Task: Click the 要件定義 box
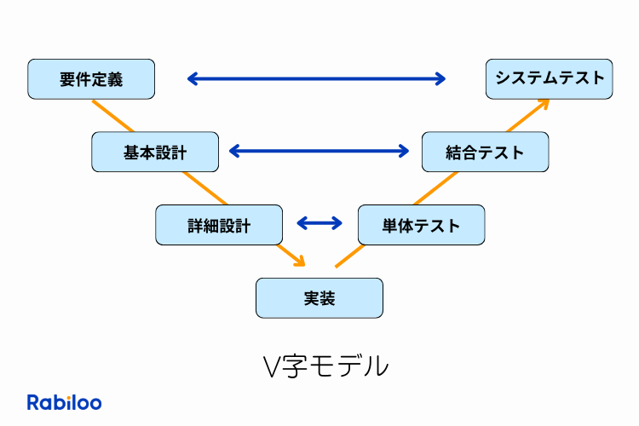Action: [91, 79]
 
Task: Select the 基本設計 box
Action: [155, 153]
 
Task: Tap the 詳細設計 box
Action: [219, 226]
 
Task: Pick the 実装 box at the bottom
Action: [319, 298]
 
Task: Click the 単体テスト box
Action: [421, 226]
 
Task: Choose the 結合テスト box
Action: [485, 153]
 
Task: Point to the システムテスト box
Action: [549, 79]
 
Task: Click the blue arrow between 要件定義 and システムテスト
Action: [316, 79]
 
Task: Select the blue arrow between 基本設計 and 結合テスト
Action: [319, 152]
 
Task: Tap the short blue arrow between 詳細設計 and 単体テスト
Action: [319, 223]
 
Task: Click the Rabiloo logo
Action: [64, 403]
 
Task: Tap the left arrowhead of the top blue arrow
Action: [192, 79]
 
